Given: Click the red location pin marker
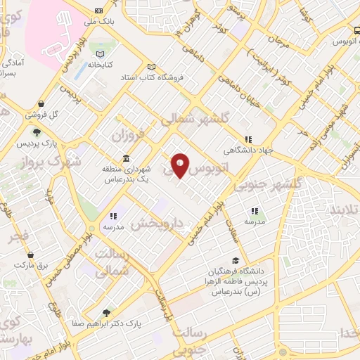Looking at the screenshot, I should click(180, 165).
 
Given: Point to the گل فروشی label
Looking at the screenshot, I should click(41, 114).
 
